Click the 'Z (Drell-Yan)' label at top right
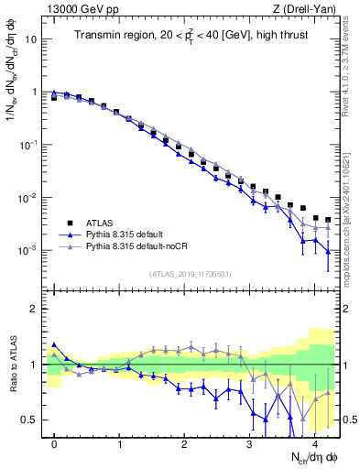click(x=306, y=9)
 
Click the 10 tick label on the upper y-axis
click(x=32, y=39)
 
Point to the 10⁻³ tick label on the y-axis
click(x=29, y=250)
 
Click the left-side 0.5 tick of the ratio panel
click(x=33, y=420)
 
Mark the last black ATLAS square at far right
click(x=328, y=220)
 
